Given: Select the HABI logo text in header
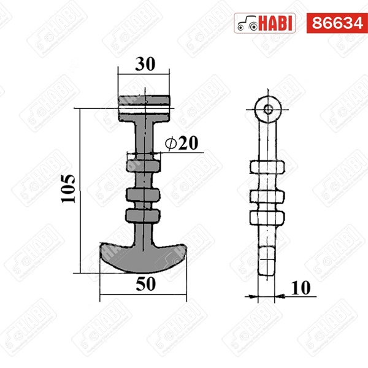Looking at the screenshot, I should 277,23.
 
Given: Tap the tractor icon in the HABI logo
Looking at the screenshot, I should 248,23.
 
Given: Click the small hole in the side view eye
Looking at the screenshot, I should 268,109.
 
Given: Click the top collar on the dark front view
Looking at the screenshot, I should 144,165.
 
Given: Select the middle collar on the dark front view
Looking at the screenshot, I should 144,194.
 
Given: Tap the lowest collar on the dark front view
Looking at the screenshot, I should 144,215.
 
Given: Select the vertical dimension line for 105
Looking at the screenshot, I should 80,190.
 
